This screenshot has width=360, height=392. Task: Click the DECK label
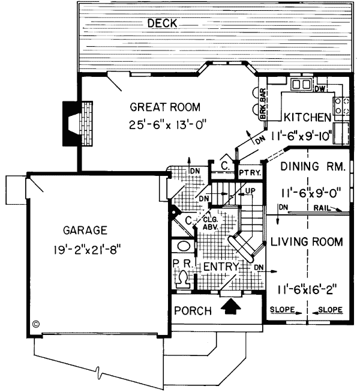click(162, 23)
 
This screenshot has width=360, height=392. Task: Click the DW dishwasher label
click(320, 89)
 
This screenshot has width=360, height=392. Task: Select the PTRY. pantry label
click(248, 172)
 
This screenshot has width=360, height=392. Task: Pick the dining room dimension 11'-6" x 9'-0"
click(310, 193)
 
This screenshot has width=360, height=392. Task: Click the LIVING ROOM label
click(306, 242)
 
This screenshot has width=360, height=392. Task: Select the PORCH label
click(193, 310)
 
